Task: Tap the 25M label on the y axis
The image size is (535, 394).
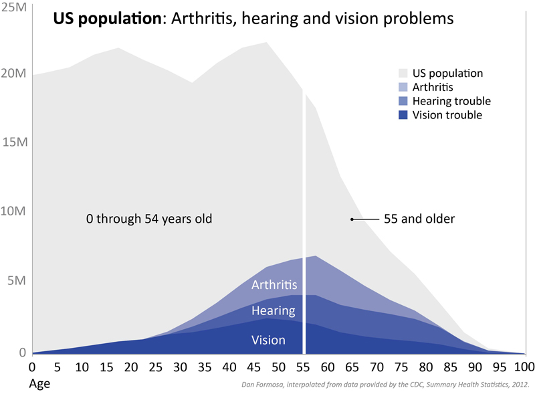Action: pos(13,7)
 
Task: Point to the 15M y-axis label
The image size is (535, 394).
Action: pos(13,142)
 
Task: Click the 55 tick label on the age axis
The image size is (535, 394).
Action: pos(305,367)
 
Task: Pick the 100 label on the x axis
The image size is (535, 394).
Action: pos(523,367)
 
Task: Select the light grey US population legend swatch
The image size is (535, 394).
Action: pos(403,74)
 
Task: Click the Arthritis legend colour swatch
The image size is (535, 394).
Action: pos(403,88)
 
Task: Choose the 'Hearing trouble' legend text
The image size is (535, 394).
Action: pos(451,101)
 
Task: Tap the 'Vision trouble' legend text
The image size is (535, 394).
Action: pos(447,115)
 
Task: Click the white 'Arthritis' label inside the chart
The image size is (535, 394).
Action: pos(274,285)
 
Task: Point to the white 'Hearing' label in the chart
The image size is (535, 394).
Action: pos(273,310)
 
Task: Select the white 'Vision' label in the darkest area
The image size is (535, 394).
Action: pos(268,340)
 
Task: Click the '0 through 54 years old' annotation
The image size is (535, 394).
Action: pos(148,219)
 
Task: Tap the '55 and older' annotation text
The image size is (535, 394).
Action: pos(419,219)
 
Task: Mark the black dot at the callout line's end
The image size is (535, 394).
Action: pos(352,219)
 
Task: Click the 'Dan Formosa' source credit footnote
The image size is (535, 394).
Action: pos(385,384)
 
